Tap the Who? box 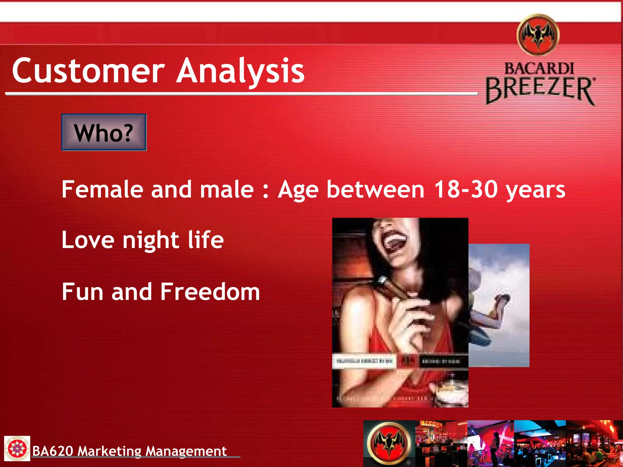[x=104, y=133]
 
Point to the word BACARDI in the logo [x=539, y=68]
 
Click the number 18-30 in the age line [x=466, y=189]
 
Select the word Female [x=102, y=189]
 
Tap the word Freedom [x=210, y=292]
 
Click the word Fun [x=82, y=292]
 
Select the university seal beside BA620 [x=17, y=448]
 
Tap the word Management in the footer [x=186, y=451]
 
